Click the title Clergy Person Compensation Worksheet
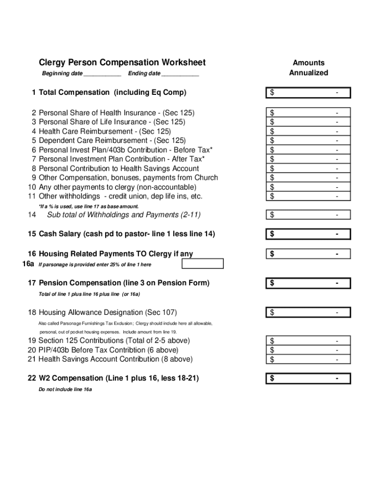[x=122, y=62]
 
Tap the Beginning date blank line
[x=102, y=75]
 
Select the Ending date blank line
[x=180, y=75]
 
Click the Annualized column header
[x=308, y=73]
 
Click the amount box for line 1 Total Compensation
[x=308, y=93]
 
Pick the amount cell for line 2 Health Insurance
[x=308, y=113]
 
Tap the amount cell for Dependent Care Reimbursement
[x=308, y=140]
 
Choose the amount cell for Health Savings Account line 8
[x=308, y=168]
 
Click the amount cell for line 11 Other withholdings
[x=308, y=196]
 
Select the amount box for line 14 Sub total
[x=308, y=215]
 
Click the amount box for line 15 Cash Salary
[x=308, y=234]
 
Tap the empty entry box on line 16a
[x=202, y=264]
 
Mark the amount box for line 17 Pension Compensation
[x=308, y=283]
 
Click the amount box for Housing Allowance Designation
[x=308, y=313]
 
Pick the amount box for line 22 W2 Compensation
[x=308, y=379]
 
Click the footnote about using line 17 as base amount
[x=88, y=206]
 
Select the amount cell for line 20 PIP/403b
[x=308, y=350]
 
